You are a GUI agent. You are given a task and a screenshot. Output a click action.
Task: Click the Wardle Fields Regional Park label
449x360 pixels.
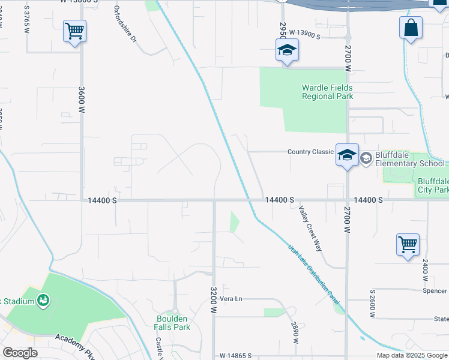tap(327, 92)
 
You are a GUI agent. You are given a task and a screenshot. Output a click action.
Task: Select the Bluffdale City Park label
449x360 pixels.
tap(433, 186)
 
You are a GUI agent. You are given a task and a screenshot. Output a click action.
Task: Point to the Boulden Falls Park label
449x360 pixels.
tap(173, 323)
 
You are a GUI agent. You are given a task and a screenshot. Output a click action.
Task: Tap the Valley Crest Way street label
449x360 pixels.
tap(310, 229)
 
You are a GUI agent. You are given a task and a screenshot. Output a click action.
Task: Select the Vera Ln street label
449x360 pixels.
tap(231, 299)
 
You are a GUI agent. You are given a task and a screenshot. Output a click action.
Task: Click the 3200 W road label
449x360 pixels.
tap(213, 300)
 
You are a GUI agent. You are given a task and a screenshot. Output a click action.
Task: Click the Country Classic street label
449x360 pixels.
tap(310, 152)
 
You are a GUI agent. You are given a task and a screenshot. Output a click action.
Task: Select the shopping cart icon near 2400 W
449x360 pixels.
tap(408, 244)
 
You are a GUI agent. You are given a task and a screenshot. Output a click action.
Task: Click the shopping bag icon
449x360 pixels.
tap(411, 27)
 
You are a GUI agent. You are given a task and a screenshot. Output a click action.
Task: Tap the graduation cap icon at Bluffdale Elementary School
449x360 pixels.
tap(347, 155)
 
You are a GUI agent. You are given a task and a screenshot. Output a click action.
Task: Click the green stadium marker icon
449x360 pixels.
tap(43, 299)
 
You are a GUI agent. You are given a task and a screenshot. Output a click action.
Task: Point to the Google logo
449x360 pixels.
tap(20, 353)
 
